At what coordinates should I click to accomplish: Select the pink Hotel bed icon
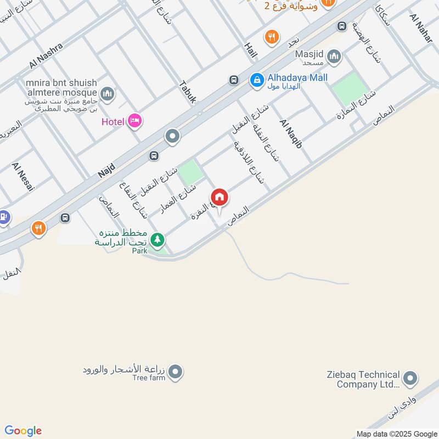coord(134,121)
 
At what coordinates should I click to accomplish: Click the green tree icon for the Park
coord(157,239)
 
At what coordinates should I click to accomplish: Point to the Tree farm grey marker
coord(176,373)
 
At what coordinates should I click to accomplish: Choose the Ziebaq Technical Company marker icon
coord(409,379)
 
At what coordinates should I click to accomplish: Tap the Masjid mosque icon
coord(334,56)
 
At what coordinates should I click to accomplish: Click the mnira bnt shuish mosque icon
coord(108,94)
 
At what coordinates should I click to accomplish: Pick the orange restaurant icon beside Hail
coord(271,37)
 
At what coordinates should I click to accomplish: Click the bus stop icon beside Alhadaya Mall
coord(234,80)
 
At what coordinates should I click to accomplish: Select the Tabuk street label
coord(187,92)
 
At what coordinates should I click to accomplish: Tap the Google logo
coord(23,431)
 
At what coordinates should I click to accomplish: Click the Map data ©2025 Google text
coord(396,433)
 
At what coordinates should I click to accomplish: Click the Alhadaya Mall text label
coord(298,77)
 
